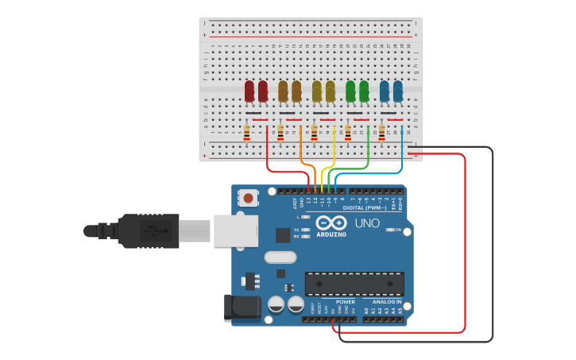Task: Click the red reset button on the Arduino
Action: tap(249, 197)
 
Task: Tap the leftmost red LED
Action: tap(249, 91)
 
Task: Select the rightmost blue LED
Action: tap(398, 91)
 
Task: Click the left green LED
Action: tap(350, 91)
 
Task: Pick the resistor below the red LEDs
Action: tap(246, 132)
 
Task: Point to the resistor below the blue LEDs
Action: tap(382, 132)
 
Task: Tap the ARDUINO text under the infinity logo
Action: tap(331, 234)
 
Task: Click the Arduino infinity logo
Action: tap(331, 223)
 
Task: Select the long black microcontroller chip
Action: tap(354, 284)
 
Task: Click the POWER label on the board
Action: tap(346, 302)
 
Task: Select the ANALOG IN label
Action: tap(387, 302)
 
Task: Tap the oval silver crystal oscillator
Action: tap(280, 257)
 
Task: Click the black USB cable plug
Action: tap(148, 230)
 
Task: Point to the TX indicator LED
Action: tap(306, 229)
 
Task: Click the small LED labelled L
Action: tap(306, 216)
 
